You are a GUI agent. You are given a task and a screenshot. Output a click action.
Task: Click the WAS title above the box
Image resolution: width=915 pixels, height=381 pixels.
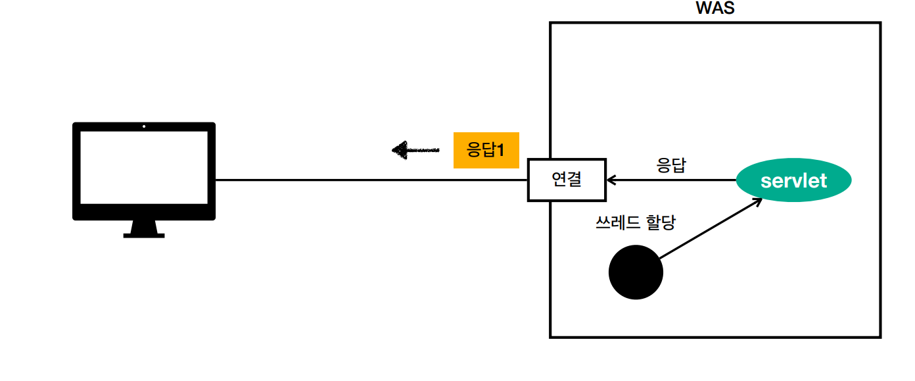pos(715,9)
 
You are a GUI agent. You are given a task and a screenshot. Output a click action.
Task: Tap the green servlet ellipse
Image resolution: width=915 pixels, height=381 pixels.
pos(793,180)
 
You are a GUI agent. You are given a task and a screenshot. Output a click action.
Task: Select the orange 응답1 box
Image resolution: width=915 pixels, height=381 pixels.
pos(486,151)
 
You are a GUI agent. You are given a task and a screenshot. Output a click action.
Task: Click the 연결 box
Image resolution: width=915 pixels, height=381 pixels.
pos(567,180)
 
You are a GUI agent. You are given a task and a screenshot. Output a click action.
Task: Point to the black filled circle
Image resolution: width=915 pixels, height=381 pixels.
pos(636,272)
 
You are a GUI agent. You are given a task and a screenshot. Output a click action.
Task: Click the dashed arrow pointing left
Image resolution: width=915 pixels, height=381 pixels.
pos(415,151)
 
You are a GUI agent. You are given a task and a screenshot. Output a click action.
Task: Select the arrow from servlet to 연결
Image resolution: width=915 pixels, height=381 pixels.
pos(670,180)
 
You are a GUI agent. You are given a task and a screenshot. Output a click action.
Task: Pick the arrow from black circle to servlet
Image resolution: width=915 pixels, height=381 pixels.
pos(710,229)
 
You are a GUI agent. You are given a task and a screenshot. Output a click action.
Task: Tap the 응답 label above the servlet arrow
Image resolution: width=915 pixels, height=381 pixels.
pos(671,165)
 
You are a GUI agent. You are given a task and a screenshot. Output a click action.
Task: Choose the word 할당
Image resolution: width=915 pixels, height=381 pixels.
pos(661,223)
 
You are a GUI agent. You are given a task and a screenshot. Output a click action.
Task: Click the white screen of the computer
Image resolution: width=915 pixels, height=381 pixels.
pos(144,167)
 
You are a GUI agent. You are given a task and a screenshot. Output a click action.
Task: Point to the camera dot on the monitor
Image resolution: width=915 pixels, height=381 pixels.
pos(144,126)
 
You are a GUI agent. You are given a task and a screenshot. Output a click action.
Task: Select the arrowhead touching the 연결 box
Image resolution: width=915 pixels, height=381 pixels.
pos(611,180)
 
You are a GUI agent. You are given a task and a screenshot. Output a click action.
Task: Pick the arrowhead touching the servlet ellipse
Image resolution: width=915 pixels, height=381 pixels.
pos(757,201)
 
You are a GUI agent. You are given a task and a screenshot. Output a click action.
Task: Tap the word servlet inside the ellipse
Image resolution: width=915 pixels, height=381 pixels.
pos(793,180)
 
